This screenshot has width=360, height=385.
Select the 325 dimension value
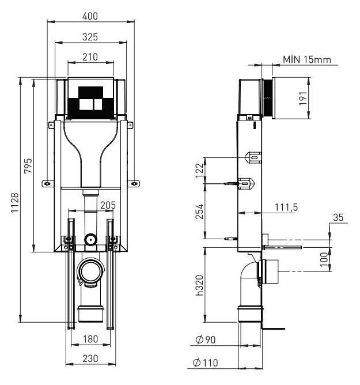tap(89, 36)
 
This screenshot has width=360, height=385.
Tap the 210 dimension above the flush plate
tap(89, 56)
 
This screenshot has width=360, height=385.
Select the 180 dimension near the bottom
tap(89, 338)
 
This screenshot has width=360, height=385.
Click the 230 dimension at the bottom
tap(89, 358)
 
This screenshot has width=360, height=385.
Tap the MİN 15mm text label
tap(306, 60)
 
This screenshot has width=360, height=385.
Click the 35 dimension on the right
tap(338, 217)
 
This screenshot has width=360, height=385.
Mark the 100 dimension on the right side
tap(324, 258)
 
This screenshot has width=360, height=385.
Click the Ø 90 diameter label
tap(206, 340)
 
